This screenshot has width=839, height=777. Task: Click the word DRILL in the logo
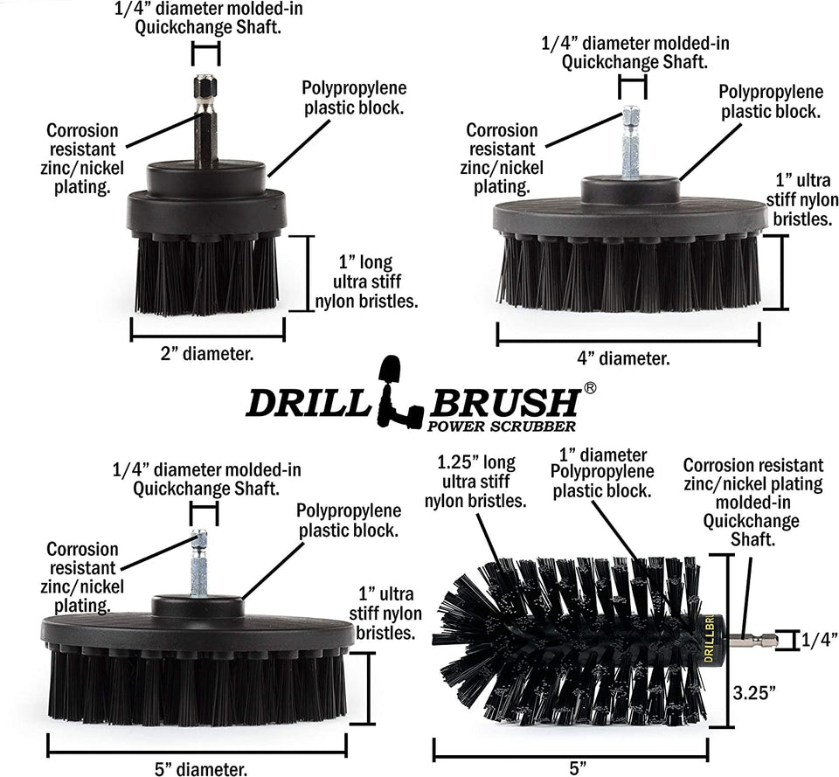click(308, 404)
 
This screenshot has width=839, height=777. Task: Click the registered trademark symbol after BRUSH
click(589, 387)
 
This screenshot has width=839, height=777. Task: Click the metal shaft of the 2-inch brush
click(205, 122)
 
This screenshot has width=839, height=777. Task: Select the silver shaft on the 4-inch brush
click(631, 144)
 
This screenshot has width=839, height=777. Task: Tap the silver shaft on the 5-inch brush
click(199, 565)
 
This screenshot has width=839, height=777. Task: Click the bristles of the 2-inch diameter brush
click(207, 275)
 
